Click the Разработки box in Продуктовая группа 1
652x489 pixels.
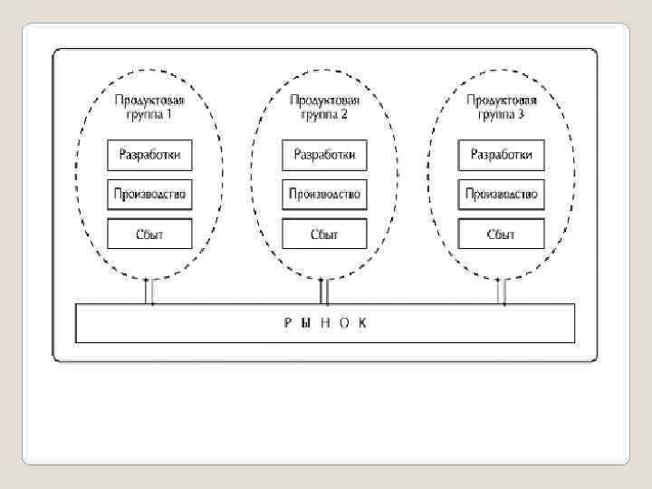point(150,155)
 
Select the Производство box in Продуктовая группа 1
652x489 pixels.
point(150,194)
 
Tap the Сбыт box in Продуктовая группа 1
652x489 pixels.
point(150,234)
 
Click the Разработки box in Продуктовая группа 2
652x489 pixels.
point(325,155)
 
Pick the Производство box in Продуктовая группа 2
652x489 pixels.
point(325,194)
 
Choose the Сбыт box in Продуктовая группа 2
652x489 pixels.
point(325,234)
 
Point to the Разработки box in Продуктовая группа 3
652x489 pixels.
point(501,155)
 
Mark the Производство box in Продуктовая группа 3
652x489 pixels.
point(501,194)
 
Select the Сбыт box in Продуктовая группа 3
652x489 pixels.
point(501,234)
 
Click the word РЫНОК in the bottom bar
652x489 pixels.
point(325,323)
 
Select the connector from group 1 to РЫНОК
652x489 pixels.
point(150,292)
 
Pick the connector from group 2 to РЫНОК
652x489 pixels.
point(325,292)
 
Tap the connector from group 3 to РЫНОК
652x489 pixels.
point(501,292)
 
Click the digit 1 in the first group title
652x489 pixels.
point(169,116)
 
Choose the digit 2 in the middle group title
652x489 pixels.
point(345,116)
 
